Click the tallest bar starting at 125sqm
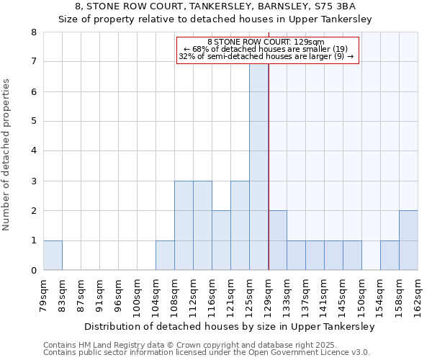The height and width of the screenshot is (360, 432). point(258,166)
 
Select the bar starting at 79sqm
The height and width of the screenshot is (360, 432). point(53,256)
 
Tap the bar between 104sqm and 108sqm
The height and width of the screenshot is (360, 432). point(165,256)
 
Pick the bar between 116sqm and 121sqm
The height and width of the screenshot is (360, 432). point(221,240)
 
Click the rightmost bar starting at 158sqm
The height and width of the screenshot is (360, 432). point(408,240)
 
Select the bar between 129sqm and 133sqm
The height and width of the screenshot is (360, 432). point(277,240)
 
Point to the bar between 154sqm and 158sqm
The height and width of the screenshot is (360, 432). point(390,256)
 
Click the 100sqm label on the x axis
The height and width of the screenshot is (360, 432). point(137,291)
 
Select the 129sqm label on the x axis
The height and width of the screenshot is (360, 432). point(268,291)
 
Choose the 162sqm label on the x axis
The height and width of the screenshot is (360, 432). point(418,291)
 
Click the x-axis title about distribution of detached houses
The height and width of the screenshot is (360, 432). point(230,326)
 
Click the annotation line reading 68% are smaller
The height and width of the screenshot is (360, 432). point(266,49)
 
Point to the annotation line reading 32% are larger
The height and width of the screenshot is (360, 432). point(266,56)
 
